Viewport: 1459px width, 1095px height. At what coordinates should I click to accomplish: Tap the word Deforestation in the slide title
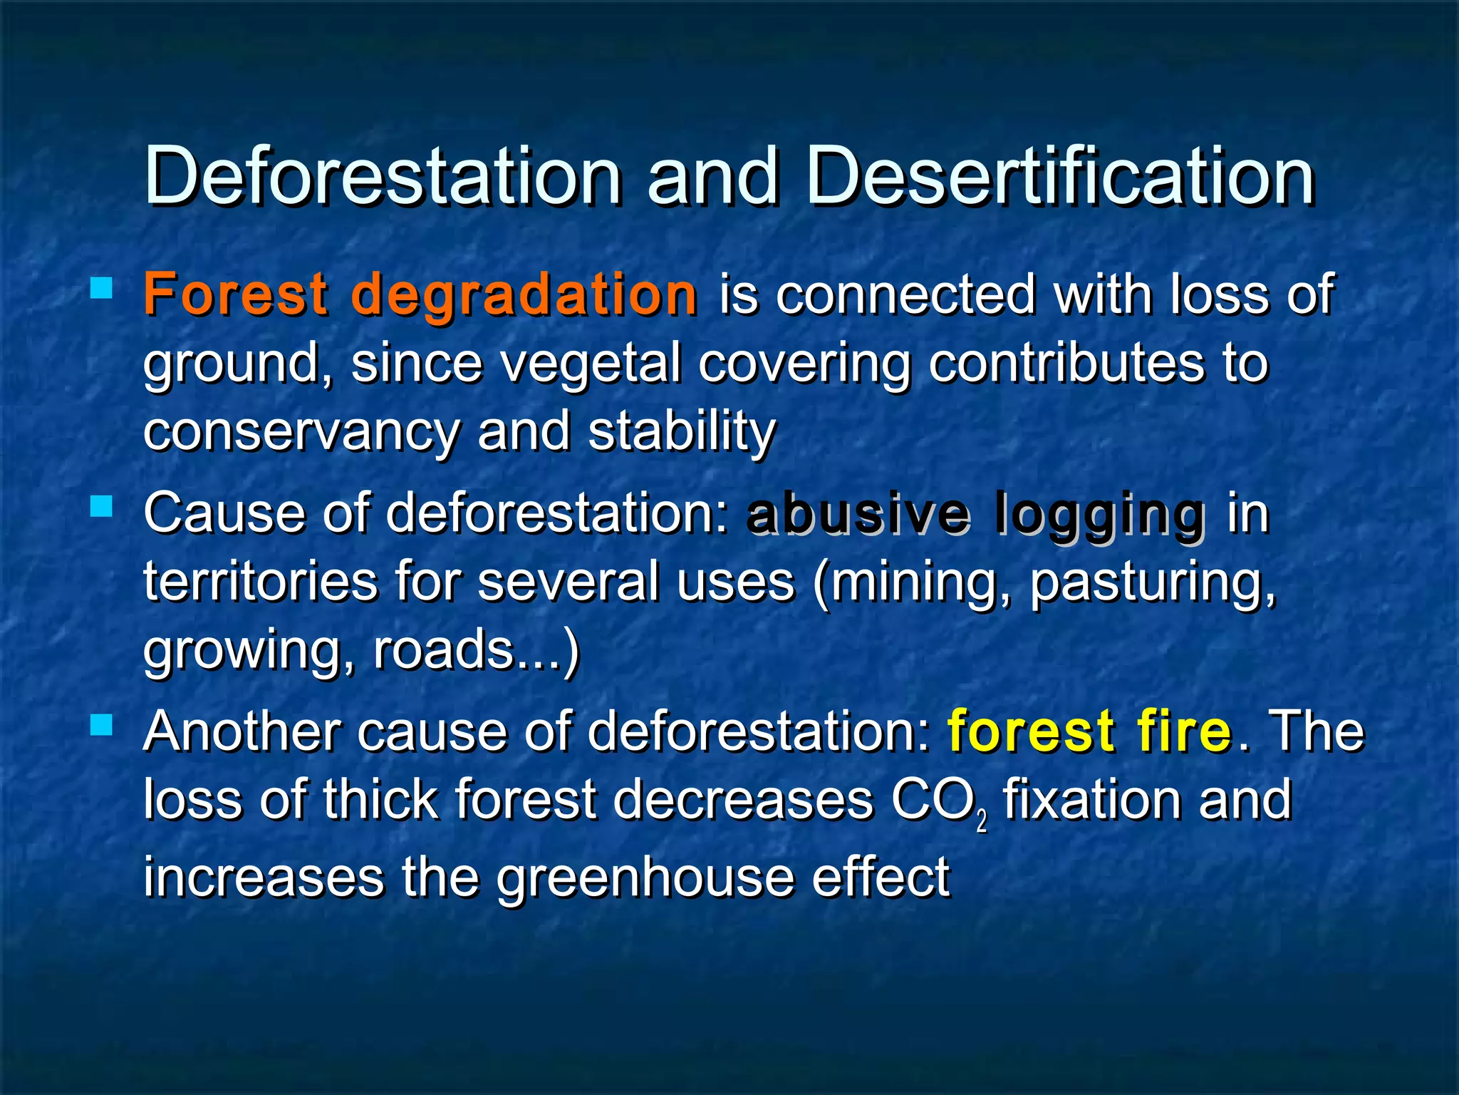point(383,176)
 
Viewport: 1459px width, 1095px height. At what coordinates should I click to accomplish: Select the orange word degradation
point(524,296)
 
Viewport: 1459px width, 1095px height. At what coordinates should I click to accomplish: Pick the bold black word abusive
point(858,513)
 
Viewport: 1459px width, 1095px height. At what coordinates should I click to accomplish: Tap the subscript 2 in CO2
point(982,823)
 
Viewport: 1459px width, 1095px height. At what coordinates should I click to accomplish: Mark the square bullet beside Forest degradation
point(102,288)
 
